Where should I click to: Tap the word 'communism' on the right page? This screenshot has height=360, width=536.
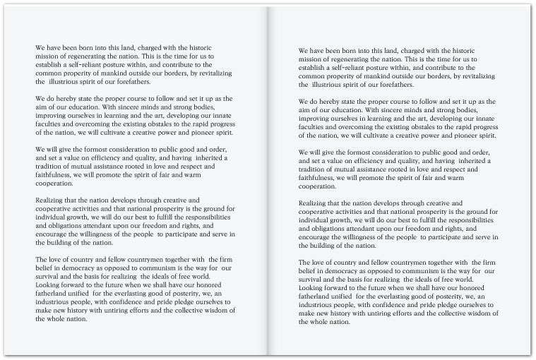point(417,281)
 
